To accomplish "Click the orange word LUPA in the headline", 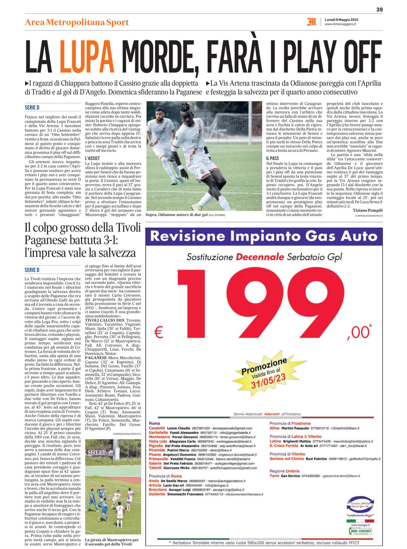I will (x=87, y=57).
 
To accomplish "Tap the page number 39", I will (x=379, y=10).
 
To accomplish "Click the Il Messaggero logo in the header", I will (x=312, y=22).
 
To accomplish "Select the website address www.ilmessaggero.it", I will (x=340, y=24).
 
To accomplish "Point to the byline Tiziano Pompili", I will (x=368, y=210).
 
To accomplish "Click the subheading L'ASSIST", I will (x=93, y=158).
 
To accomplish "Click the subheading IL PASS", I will (x=272, y=158).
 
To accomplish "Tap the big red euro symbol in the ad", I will (x=159, y=333).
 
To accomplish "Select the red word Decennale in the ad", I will (x=260, y=257).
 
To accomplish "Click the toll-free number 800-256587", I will (x=361, y=531).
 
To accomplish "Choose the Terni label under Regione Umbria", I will (x=274, y=476).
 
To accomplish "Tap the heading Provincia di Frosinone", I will (x=290, y=423).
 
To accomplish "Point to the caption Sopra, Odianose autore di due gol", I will (x=176, y=215).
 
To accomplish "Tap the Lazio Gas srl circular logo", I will (x=360, y=506).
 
